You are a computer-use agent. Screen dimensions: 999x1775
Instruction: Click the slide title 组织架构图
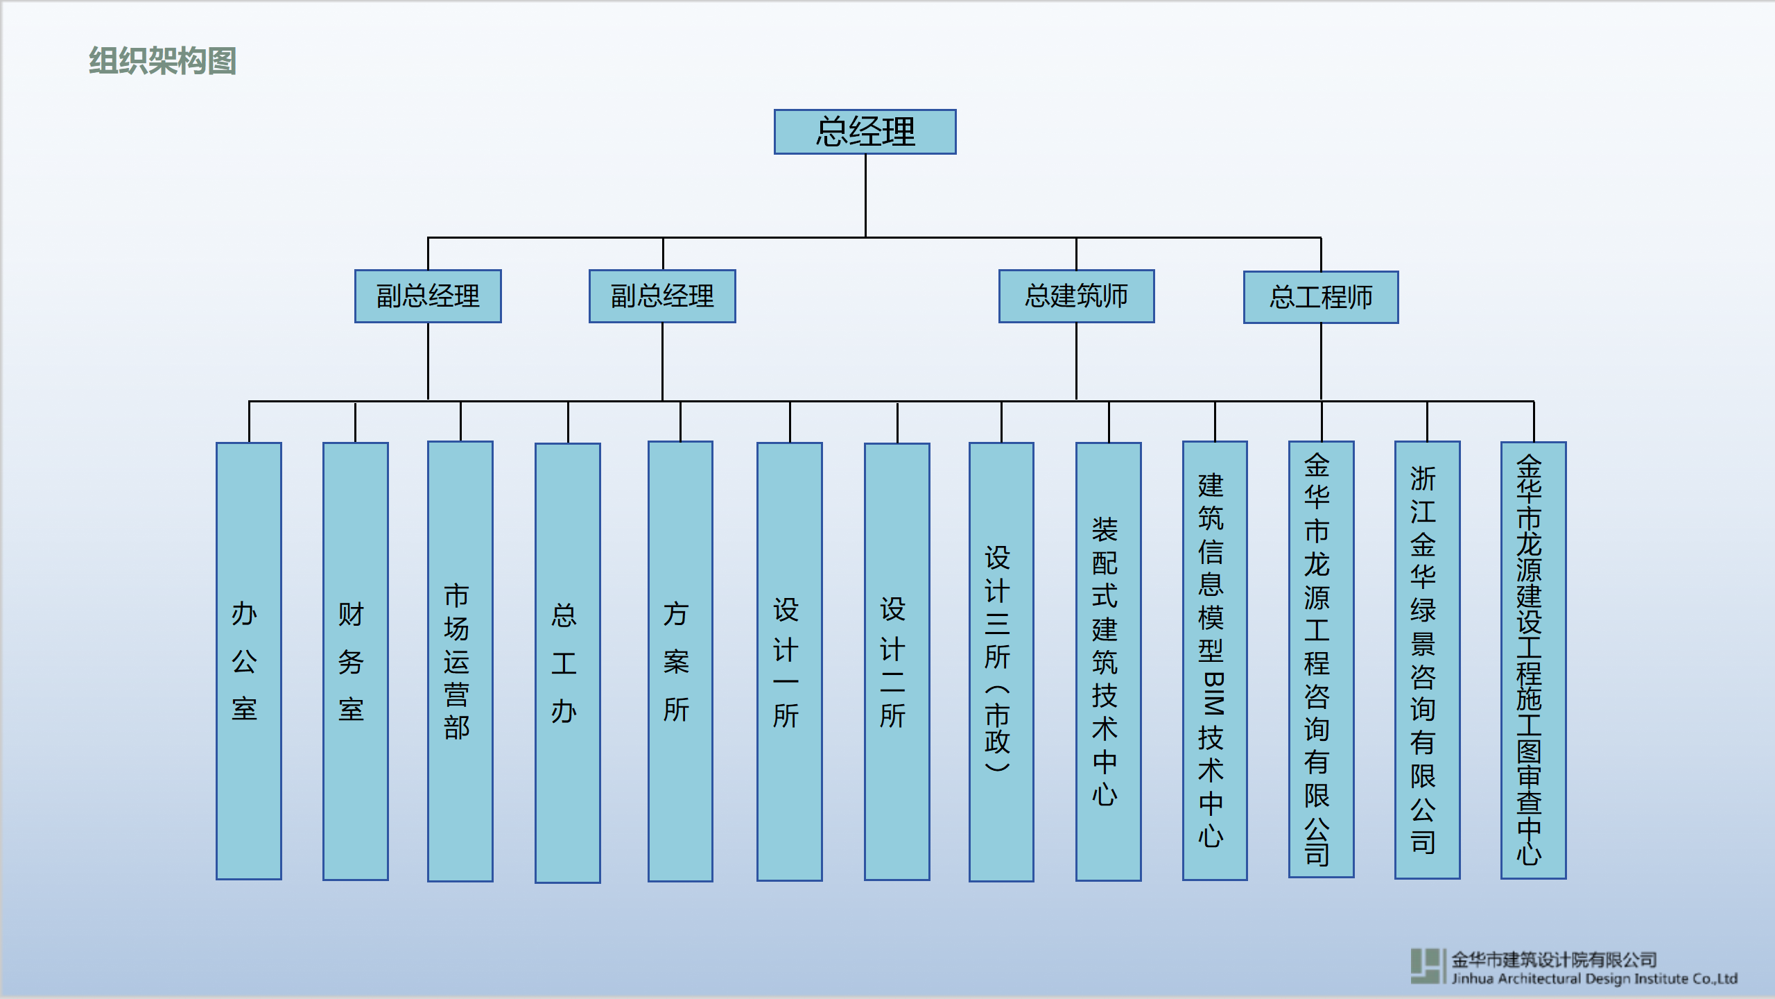coord(162,61)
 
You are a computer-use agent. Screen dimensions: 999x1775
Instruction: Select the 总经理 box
coord(865,132)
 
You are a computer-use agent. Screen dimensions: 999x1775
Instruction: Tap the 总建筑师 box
coord(1076,296)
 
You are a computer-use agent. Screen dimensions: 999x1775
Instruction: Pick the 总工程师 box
coord(1321,297)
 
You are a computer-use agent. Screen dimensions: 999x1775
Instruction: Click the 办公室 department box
coord(248,661)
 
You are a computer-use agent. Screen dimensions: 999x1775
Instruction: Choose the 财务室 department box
coord(355,661)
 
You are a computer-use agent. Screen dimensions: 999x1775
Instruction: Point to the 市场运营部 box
coord(460,661)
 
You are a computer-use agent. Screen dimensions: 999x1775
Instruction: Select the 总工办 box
coord(567,663)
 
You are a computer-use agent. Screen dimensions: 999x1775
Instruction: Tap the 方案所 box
coord(679,661)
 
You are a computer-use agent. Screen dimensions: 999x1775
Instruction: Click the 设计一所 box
coord(789,661)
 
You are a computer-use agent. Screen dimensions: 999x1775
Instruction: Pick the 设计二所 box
coord(897,661)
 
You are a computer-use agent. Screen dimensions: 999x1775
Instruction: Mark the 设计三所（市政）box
coord(1001,661)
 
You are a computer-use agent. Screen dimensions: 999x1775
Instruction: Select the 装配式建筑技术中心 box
coord(1108,661)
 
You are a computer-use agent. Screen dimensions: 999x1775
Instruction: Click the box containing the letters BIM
coord(1214,661)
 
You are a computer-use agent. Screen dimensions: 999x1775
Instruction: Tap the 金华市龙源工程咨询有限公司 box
coord(1321,659)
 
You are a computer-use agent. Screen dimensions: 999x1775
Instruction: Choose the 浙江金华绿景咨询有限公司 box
coord(1427,659)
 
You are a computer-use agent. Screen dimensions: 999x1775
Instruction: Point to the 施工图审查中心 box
coord(1533,659)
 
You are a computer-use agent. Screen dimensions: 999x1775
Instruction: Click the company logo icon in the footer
coord(1427,966)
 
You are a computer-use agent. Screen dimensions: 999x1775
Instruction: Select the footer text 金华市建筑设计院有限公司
coord(1554,959)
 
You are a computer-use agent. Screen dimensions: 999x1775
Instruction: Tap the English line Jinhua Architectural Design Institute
coord(1594,979)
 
